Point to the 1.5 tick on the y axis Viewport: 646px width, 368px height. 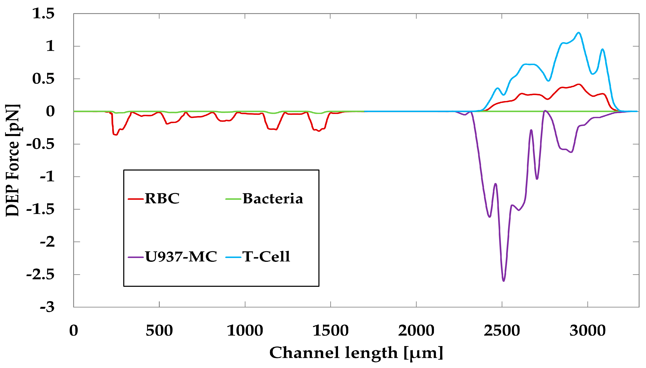[43, 13]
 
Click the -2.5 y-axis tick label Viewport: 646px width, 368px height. [40, 274]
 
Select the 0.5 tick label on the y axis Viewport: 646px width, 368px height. [43, 79]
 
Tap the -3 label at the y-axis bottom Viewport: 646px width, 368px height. [47, 307]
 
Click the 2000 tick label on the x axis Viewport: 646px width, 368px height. [416, 330]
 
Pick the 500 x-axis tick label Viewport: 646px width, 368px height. [159, 330]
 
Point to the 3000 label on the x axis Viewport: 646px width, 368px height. [587, 330]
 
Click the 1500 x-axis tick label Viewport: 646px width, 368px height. [331, 330]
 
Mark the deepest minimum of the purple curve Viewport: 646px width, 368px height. [503, 281]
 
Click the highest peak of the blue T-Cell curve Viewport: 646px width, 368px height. [579, 33]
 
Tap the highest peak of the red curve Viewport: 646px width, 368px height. [579, 84]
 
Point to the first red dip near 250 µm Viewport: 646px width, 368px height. [115, 134]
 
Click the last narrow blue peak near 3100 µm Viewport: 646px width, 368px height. [603, 49]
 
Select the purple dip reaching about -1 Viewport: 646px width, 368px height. [537, 179]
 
